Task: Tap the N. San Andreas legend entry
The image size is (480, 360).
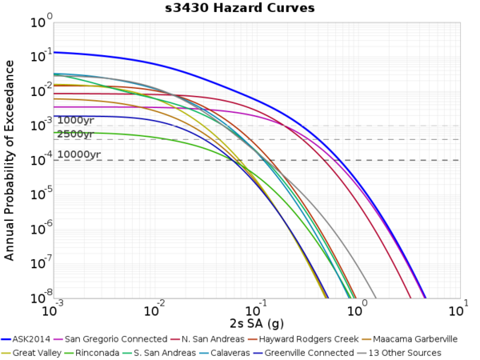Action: point(209,339)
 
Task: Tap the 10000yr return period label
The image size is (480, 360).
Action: point(78,154)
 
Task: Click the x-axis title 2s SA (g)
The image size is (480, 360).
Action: point(256,324)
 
